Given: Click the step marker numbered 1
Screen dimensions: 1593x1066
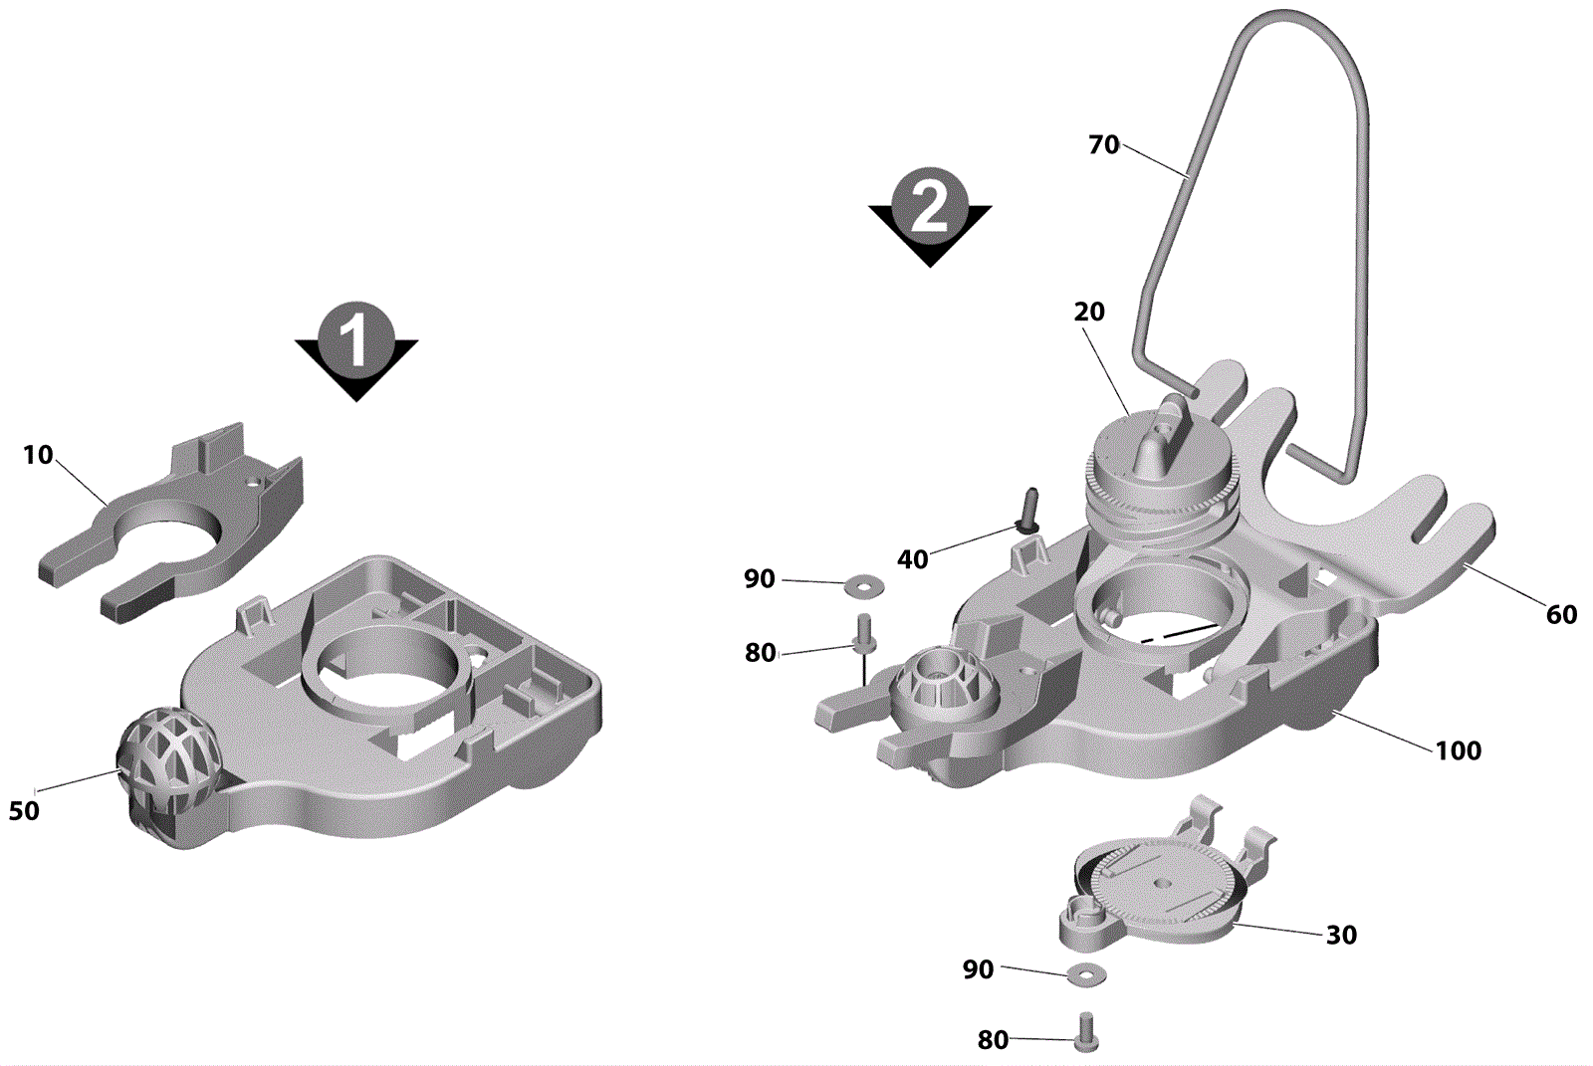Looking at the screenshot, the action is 356,351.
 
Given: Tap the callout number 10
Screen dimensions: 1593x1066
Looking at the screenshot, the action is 39,455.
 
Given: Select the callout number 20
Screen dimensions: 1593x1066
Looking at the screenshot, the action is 1089,312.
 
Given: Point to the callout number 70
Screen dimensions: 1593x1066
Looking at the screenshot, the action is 1104,145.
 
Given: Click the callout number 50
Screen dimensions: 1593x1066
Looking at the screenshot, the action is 24,811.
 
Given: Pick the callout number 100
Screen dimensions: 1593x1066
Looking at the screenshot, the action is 1458,750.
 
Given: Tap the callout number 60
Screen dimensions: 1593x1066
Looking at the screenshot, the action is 1561,614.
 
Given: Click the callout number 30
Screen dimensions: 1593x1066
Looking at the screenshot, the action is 1341,935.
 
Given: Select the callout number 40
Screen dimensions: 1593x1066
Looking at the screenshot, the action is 912,559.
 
